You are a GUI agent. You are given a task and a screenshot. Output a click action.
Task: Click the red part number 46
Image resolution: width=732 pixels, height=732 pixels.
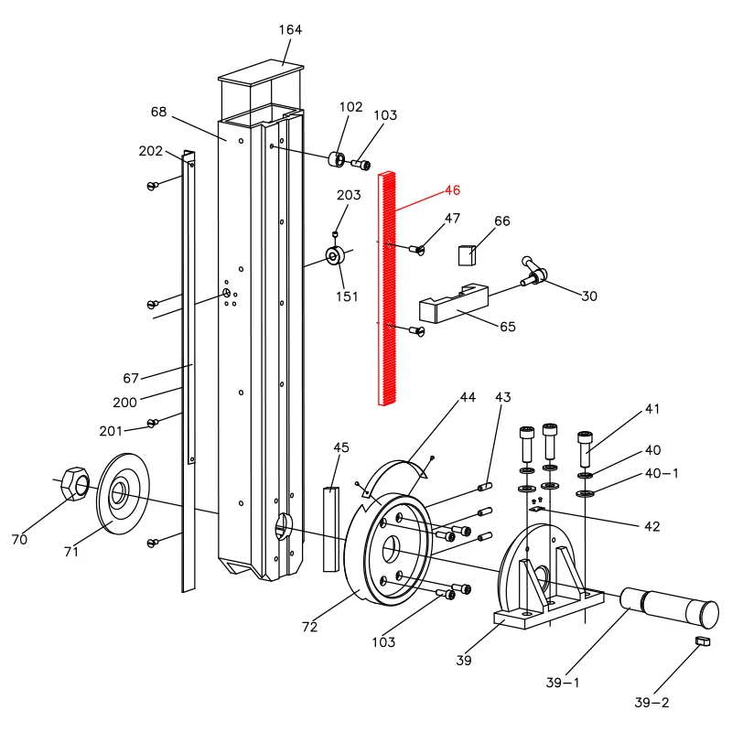[x=452, y=190]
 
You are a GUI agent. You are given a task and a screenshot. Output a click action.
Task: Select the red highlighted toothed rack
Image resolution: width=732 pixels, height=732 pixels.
[x=387, y=288]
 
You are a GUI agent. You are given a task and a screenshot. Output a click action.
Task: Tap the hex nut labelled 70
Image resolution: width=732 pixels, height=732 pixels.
[x=75, y=483]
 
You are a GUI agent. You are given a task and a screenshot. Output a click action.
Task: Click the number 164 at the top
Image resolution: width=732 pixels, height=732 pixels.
[x=290, y=30]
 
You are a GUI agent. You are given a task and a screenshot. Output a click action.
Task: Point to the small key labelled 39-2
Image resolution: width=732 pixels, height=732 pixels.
[x=703, y=641]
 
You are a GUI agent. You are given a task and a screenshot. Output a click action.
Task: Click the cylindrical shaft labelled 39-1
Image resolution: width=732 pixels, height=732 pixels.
[x=669, y=607]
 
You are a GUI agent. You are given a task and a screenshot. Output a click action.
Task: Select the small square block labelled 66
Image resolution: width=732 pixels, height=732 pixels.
[x=467, y=255]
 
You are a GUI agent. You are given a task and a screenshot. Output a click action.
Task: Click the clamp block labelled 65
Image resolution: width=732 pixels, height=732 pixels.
[x=454, y=303]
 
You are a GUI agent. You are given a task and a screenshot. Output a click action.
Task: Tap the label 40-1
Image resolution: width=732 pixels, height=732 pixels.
[x=662, y=473]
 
